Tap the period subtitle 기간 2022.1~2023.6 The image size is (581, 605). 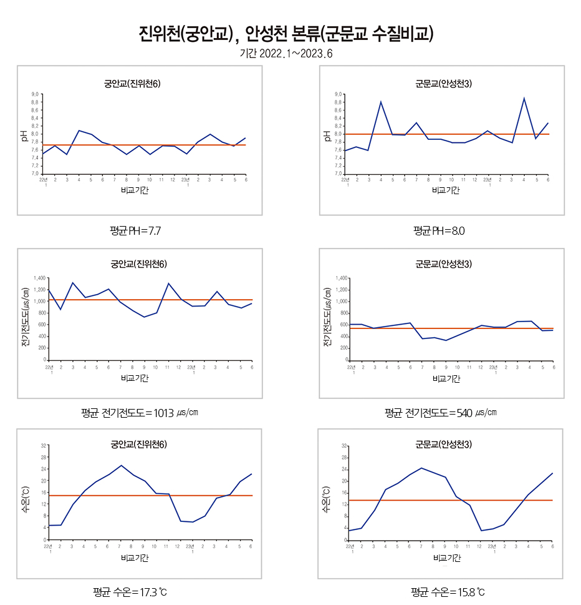(x=286, y=54)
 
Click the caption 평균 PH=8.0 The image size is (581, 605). (x=439, y=231)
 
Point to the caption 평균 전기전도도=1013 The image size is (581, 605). (x=140, y=413)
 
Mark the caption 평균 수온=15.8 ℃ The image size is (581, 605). (x=448, y=591)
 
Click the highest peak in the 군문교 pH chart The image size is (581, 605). (x=524, y=98)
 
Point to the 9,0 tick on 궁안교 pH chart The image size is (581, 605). (x=35, y=94)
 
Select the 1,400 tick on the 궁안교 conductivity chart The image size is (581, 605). (x=39, y=278)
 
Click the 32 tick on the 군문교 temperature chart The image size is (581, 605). (x=345, y=446)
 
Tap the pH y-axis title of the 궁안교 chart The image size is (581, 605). (x=24, y=134)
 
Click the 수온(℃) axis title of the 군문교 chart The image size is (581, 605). (x=326, y=499)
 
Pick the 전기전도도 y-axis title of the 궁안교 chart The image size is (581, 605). (x=26, y=317)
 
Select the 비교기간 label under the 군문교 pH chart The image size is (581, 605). (x=446, y=190)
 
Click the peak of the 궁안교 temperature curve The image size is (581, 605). (x=122, y=465)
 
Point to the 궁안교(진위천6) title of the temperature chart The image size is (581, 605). (x=138, y=445)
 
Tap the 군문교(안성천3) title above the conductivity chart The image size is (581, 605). (x=443, y=264)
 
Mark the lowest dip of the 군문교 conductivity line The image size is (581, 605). (x=446, y=340)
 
